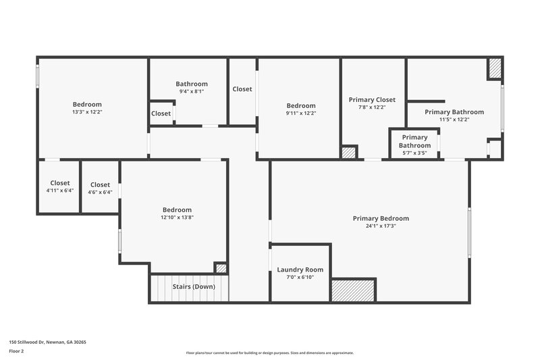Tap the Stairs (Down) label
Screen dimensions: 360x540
[x=194, y=286]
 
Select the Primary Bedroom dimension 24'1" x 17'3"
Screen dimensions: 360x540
[x=381, y=226]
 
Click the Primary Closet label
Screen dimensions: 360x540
[x=372, y=99]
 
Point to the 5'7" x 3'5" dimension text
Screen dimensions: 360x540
[x=414, y=153]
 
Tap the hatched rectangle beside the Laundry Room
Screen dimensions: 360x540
[x=352, y=290]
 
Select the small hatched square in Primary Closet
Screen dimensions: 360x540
[x=349, y=153]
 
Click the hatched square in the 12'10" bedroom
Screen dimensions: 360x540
[x=221, y=268]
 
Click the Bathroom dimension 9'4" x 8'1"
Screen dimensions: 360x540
[x=192, y=91]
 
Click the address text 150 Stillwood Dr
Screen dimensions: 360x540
[x=47, y=342]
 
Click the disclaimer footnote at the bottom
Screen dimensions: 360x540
[x=269, y=353]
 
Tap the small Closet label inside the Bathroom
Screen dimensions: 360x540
[x=161, y=113]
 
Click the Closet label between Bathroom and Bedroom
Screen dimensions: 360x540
[x=242, y=89]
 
